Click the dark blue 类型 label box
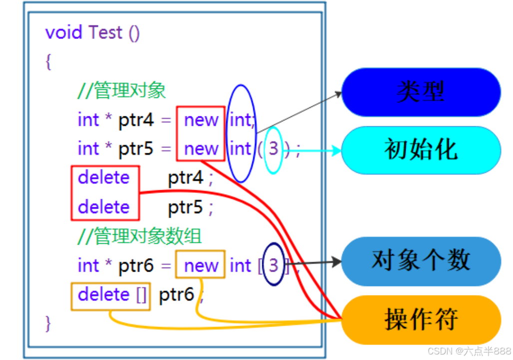(421, 92)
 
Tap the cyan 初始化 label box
(421, 150)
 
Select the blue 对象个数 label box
(421, 261)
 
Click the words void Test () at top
(92, 33)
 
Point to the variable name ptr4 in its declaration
(136, 120)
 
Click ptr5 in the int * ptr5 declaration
(136, 149)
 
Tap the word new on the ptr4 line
(201, 120)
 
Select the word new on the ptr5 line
(201, 149)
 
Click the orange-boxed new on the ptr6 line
(201, 266)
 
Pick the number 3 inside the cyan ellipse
(273, 149)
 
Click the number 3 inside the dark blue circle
(273, 265)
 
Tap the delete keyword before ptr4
(104, 178)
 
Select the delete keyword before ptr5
(104, 207)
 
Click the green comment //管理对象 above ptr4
(122, 91)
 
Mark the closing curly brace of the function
(48, 323)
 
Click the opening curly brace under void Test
(48, 62)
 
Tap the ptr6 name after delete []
(176, 295)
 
